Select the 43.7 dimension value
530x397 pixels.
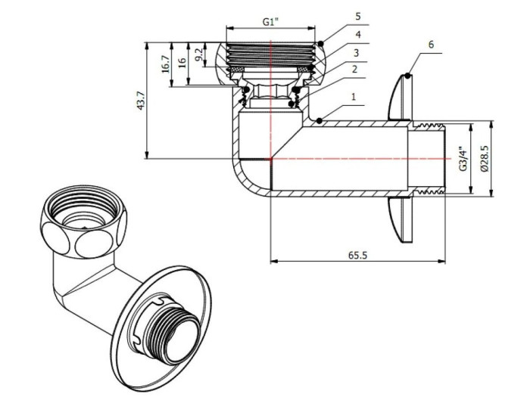tap(141, 101)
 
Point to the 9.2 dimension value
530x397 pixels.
tap(198, 54)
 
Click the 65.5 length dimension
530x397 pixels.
tap(357, 256)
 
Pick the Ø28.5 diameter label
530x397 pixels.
tap(485, 159)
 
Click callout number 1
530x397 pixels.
tap(353, 97)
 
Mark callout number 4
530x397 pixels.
tap(353, 35)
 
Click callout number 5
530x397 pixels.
tap(353, 15)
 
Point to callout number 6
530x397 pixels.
tap(431, 45)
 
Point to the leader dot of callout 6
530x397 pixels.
tap(407, 76)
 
